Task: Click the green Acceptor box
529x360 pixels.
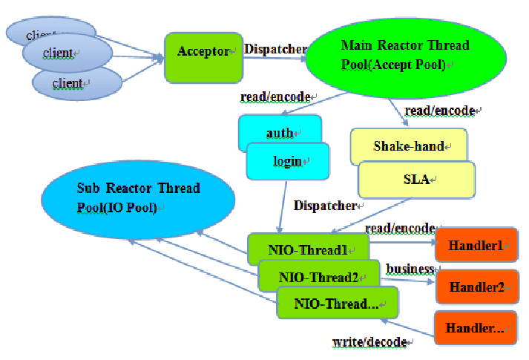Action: (204, 58)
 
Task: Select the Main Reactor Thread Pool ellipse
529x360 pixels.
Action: (406, 58)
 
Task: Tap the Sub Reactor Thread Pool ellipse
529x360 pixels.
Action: (138, 200)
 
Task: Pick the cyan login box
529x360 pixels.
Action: (288, 161)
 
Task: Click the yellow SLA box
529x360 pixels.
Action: (417, 180)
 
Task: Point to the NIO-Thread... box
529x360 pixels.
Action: (338, 303)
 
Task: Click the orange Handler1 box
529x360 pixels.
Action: (476, 245)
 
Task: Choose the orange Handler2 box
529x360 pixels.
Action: (477, 287)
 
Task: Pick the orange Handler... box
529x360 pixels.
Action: (476, 327)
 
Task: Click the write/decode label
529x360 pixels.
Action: (369, 342)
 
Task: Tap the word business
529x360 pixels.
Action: (410, 269)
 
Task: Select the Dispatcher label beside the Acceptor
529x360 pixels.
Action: (276, 49)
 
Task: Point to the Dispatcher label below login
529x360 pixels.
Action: (325, 206)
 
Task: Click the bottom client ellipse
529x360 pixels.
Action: (77, 83)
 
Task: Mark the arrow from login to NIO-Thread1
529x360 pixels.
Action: (283, 207)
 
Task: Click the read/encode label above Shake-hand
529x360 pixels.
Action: (440, 111)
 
